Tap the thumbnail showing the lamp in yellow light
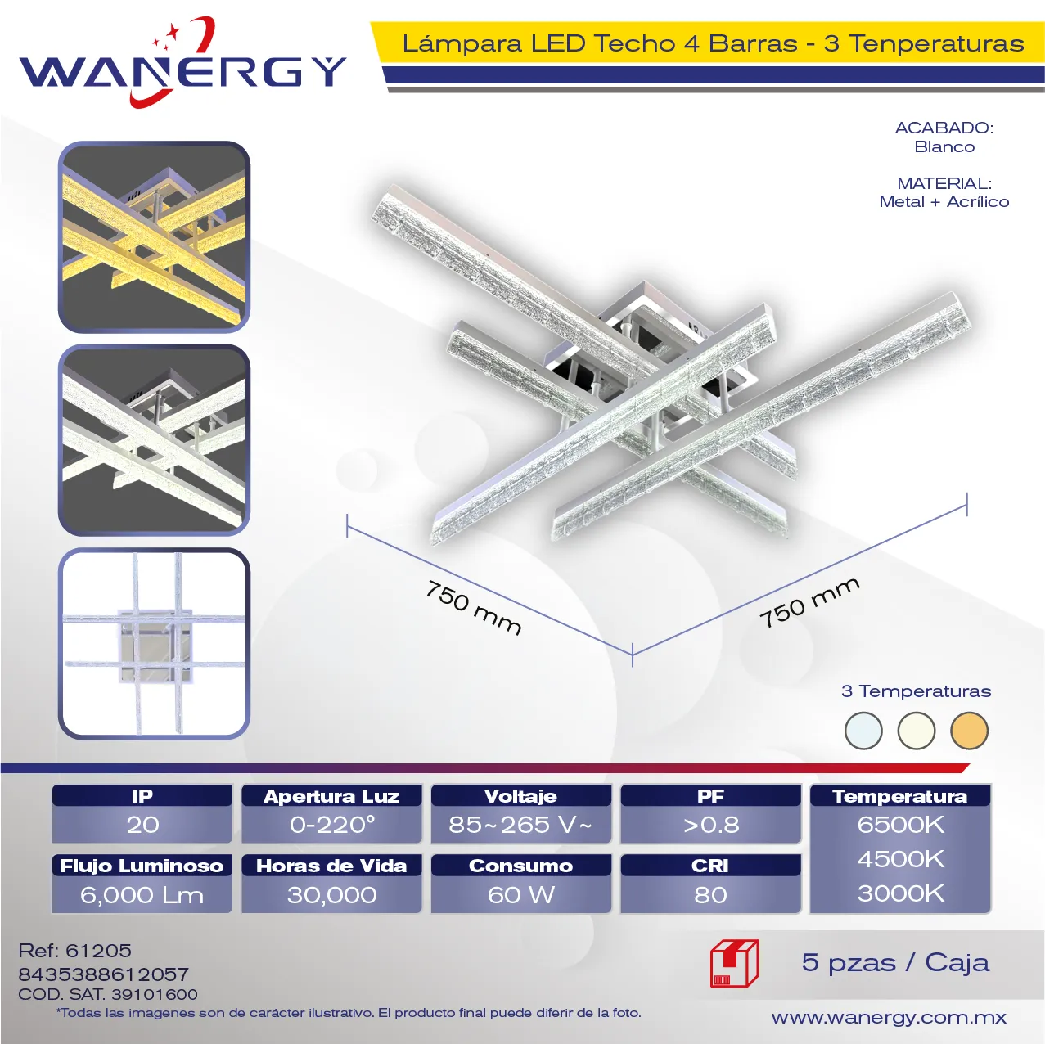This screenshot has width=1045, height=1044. click(154, 237)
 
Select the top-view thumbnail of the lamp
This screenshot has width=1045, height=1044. click(154, 643)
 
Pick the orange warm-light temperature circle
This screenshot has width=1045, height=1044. click(969, 731)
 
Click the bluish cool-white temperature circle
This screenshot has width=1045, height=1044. click(863, 731)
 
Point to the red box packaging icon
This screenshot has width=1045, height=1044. click(734, 964)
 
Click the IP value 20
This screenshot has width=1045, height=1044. click(142, 825)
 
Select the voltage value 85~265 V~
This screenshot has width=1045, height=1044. click(520, 825)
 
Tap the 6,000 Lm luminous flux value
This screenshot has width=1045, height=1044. click(142, 895)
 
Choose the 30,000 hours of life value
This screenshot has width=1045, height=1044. click(332, 895)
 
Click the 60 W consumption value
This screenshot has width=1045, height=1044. click(520, 895)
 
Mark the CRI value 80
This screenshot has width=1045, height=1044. click(710, 895)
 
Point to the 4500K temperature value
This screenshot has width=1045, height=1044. click(900, 859)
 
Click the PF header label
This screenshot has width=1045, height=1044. click(710, 795)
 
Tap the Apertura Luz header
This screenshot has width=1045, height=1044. click(331, 795)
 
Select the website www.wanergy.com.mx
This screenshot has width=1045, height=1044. click(889, 1018)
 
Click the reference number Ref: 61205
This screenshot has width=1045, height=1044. click(74, 950)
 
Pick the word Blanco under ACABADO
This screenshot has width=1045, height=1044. click(944, 146)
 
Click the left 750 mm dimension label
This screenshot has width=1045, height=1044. click(474, 607)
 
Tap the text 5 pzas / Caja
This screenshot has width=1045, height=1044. click(895, 963)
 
